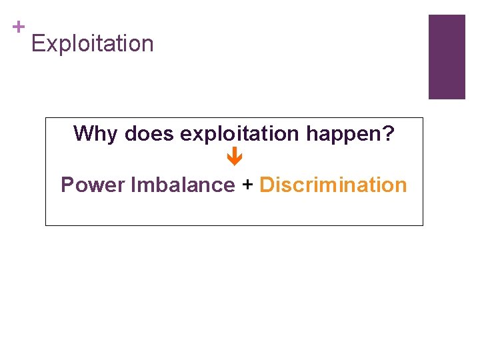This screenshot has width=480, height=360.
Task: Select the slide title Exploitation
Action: (x=92, y=44)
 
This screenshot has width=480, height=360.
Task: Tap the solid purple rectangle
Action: (x=446, y=57)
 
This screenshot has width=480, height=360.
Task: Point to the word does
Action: (x=150, y=134)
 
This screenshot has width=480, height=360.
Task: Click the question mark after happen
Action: (x=388, y=134)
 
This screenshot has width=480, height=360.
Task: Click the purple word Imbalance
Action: (x=183, y=185)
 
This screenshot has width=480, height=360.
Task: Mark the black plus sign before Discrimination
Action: (x=247, y=185)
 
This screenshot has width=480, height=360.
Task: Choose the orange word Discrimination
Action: (x=333, y=185)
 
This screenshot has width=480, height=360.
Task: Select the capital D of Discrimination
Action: (x=267, y=185)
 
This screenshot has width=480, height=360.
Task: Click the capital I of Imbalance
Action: (x=134, y=185)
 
